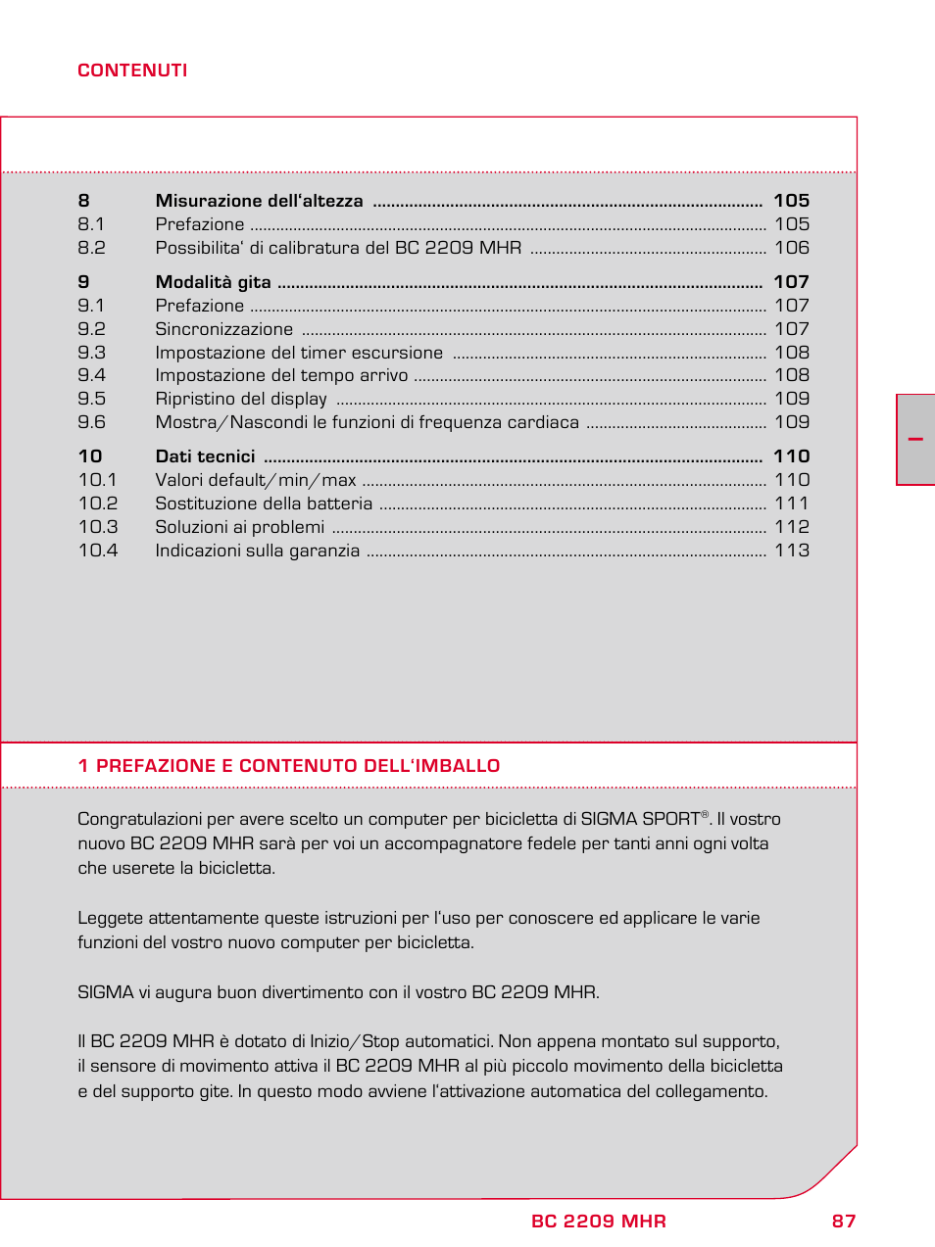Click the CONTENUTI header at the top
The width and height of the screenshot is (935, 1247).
point(132,71)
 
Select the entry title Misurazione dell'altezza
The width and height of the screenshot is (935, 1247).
point(259,201)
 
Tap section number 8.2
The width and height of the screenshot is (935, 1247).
point(91,248)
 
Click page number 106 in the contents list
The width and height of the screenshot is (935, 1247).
point(792,248)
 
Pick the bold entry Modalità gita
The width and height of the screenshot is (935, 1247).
point(213,282)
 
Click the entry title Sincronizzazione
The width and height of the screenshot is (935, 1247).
point(223,329)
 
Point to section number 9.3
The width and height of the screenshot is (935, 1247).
point(91,353)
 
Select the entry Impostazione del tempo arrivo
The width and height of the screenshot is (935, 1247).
point(281,375)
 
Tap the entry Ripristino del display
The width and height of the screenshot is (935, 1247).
point(241,399)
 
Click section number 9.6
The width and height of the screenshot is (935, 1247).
point(91,422)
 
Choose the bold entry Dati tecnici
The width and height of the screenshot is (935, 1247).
point(205,456)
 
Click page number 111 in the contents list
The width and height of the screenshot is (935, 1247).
point(792,504)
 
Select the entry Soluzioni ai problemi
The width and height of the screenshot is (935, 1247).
point(239,527)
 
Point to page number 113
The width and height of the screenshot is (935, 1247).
point(792,551)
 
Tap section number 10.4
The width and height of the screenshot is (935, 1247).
point(98,551)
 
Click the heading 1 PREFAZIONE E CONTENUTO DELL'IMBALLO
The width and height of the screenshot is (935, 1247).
point(289,766)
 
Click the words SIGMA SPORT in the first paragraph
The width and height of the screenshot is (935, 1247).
point(640,819)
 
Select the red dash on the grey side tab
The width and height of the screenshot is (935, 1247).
point(915,440)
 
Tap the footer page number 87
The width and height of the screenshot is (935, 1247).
point(844,1222)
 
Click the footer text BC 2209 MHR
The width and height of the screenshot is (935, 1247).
point(599,1222)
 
